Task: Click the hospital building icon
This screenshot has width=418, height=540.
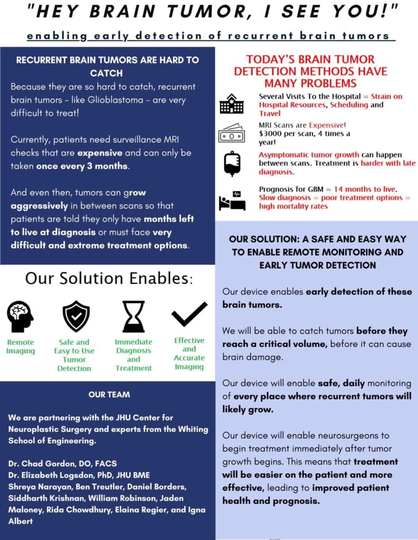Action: [x=231, y=104]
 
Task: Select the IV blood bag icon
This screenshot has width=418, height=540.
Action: [x=232, y=163]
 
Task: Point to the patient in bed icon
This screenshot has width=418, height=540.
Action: [x=232, y=201]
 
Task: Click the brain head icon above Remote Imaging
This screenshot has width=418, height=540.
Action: [x=20, y=316]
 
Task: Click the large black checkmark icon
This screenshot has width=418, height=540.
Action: [x=189, y=314]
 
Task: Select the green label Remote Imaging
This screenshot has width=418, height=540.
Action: [x=20, y=346]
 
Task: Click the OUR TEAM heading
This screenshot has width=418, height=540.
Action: [x=109, y=394]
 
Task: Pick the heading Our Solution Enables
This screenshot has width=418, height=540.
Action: [x=109, y=278]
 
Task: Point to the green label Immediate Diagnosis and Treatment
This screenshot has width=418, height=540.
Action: [x=134, y=355]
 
